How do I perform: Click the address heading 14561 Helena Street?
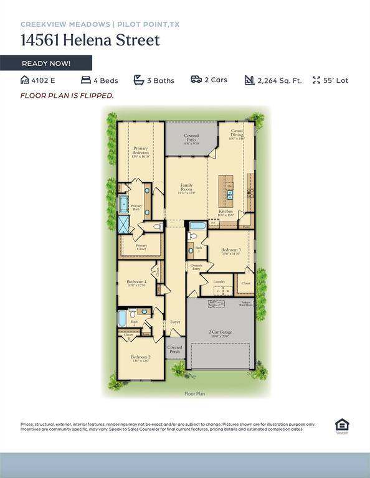[90, 40]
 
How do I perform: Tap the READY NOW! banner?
[46, 63]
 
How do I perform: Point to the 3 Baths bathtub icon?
[139, 80]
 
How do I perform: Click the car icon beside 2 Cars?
[196, 80]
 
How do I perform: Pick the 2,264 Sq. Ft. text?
[279, 80]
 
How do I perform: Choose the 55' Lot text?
[335, 80]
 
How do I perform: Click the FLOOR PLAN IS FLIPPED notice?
[67, 95]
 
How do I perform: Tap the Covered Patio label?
[191, 138]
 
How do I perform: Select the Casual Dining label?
[237, 133]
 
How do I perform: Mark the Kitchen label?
[225, 212]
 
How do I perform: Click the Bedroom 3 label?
[230, 250]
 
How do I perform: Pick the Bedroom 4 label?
[136, 283]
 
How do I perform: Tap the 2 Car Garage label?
[220, 332]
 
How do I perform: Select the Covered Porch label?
[175, 350]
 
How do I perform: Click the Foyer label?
[175, 322]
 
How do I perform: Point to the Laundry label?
[219, 282]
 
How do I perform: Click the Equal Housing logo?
[342, 426]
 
